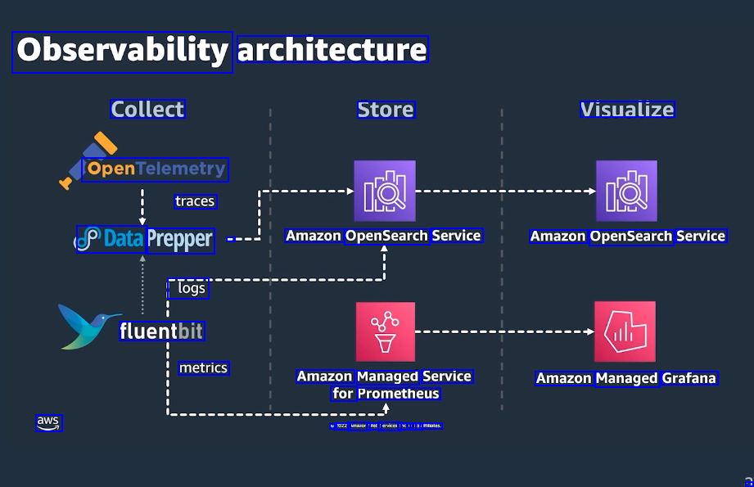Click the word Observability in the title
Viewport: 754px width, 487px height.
click(122, 51)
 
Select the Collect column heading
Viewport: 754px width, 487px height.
click(148, 110)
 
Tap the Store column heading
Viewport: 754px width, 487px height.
click(386, 110)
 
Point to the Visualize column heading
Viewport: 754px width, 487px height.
click(627, 110)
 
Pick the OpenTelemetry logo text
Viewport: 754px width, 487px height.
click(156, 169)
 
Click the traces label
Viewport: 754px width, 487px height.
click(195, 201)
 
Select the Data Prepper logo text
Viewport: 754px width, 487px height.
click(146, 240)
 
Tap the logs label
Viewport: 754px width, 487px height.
click(192, 288)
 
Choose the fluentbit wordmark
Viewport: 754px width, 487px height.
click(161, 331)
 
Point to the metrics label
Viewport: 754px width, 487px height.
click(203, 368)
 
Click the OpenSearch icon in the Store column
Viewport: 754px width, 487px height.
click(385, 192)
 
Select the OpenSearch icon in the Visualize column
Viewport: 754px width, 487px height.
click(626, 192)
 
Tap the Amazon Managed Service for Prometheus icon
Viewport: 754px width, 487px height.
click(385, 331)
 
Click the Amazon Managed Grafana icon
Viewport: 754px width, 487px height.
click(625, 331)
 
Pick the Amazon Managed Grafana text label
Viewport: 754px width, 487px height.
click(626, 378)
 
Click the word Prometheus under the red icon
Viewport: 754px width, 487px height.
click(399, 394)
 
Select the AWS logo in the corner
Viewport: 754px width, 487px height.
click(48, 422)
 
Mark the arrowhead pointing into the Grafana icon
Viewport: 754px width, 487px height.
click(589, 331)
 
